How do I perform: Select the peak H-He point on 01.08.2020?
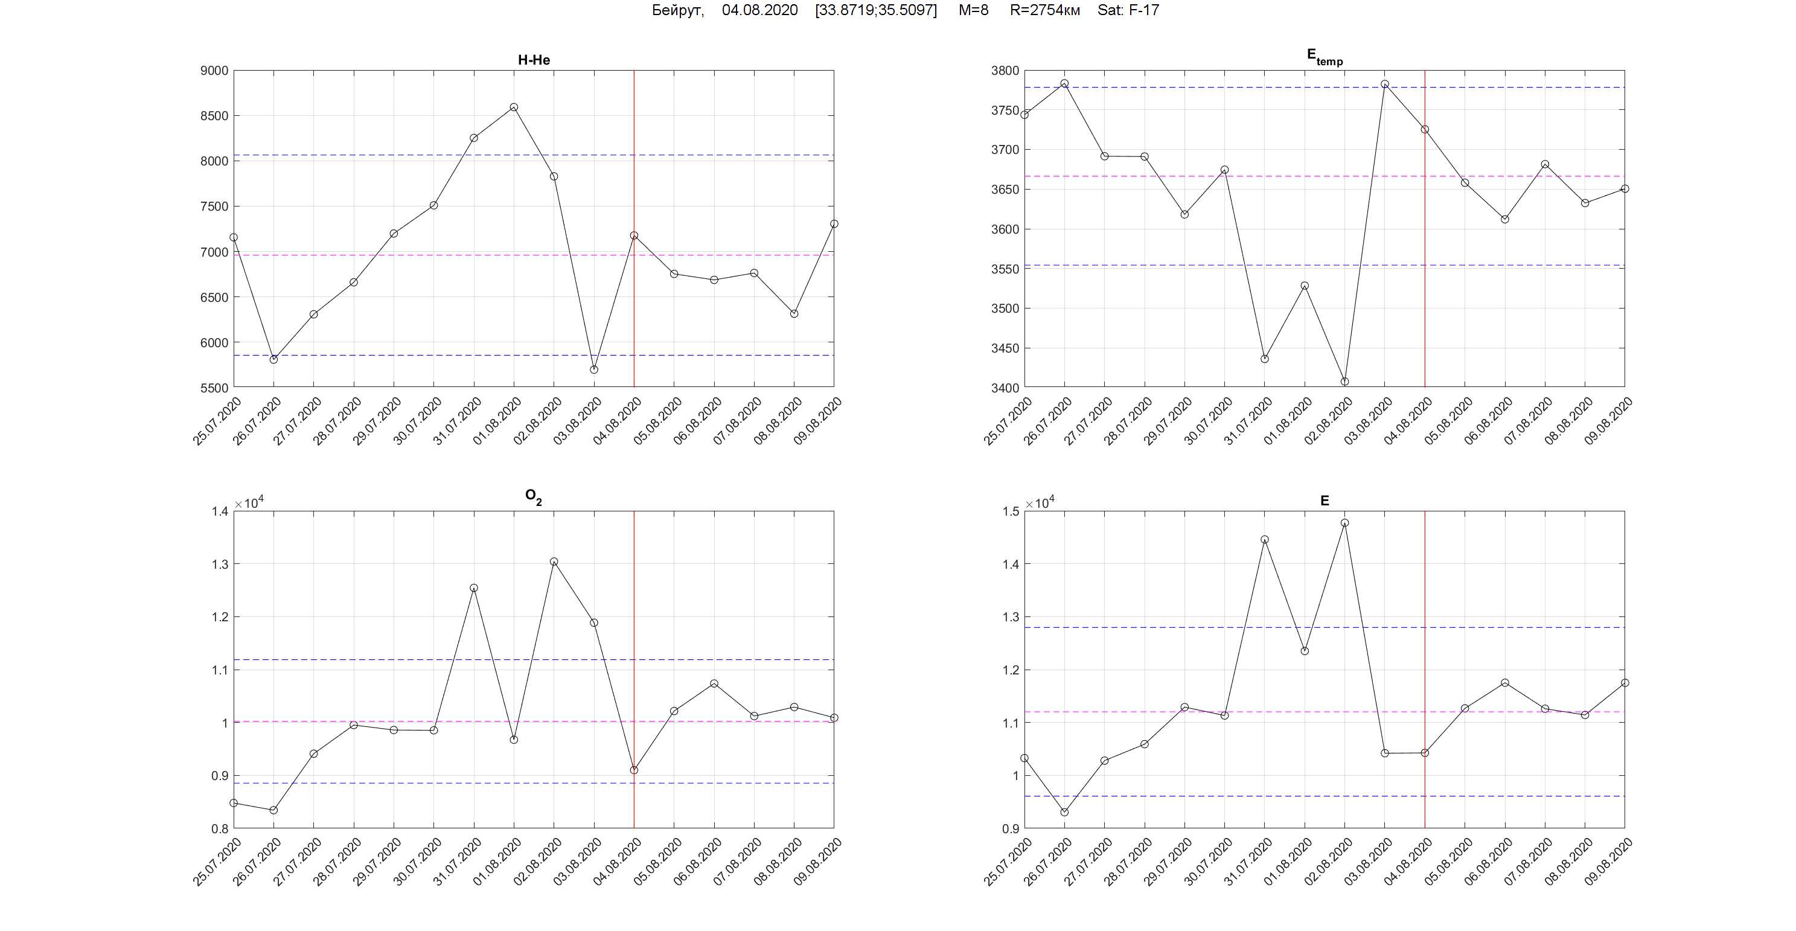[514, 107]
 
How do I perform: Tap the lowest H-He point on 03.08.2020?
[594, 370]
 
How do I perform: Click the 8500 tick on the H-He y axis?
[214, 116]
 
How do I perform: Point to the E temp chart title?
[1324, 57]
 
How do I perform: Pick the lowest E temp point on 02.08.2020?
[1345, 382]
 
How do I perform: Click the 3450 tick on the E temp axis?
[1005, 348]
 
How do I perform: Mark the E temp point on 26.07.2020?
[1065, 84]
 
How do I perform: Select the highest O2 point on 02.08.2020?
[554, 561]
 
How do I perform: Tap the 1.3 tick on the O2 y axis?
[220, 564]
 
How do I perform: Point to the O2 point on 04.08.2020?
[634, 770]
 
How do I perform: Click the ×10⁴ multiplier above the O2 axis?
[249, 503]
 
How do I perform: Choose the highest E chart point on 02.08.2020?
[1345, 523]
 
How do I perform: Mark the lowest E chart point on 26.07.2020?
[1065, 811]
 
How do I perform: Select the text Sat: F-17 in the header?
[1128, 10]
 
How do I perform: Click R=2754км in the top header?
[1044, 10]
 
